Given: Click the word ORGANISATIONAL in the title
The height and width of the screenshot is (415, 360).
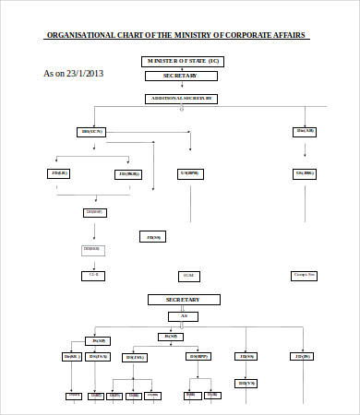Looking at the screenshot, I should point(78,36).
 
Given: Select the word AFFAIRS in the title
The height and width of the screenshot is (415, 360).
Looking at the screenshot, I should point(288,36).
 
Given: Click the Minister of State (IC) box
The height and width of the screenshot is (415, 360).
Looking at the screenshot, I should point(182,61).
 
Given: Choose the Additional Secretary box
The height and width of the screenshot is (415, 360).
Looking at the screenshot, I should point(182,98).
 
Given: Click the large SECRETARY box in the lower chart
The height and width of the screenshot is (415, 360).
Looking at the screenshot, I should point(184,300).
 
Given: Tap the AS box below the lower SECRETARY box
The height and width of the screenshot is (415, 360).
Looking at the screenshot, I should point(183,316).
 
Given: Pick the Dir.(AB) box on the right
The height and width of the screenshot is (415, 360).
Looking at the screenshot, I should point(306,131).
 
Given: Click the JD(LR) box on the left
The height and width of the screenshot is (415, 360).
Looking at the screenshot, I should point(60,172).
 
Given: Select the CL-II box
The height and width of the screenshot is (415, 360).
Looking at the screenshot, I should point(93,275).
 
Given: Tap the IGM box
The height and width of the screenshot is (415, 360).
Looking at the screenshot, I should point(187,275).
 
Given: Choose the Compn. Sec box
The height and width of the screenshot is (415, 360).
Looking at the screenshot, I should point(305,275).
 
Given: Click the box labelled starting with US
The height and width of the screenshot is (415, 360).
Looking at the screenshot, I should point(189,172).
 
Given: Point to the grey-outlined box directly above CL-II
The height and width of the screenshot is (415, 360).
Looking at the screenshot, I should point(93,249).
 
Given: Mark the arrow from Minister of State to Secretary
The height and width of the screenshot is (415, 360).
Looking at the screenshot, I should point(181,69).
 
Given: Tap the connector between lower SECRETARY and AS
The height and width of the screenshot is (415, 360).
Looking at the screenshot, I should point(183,308).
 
